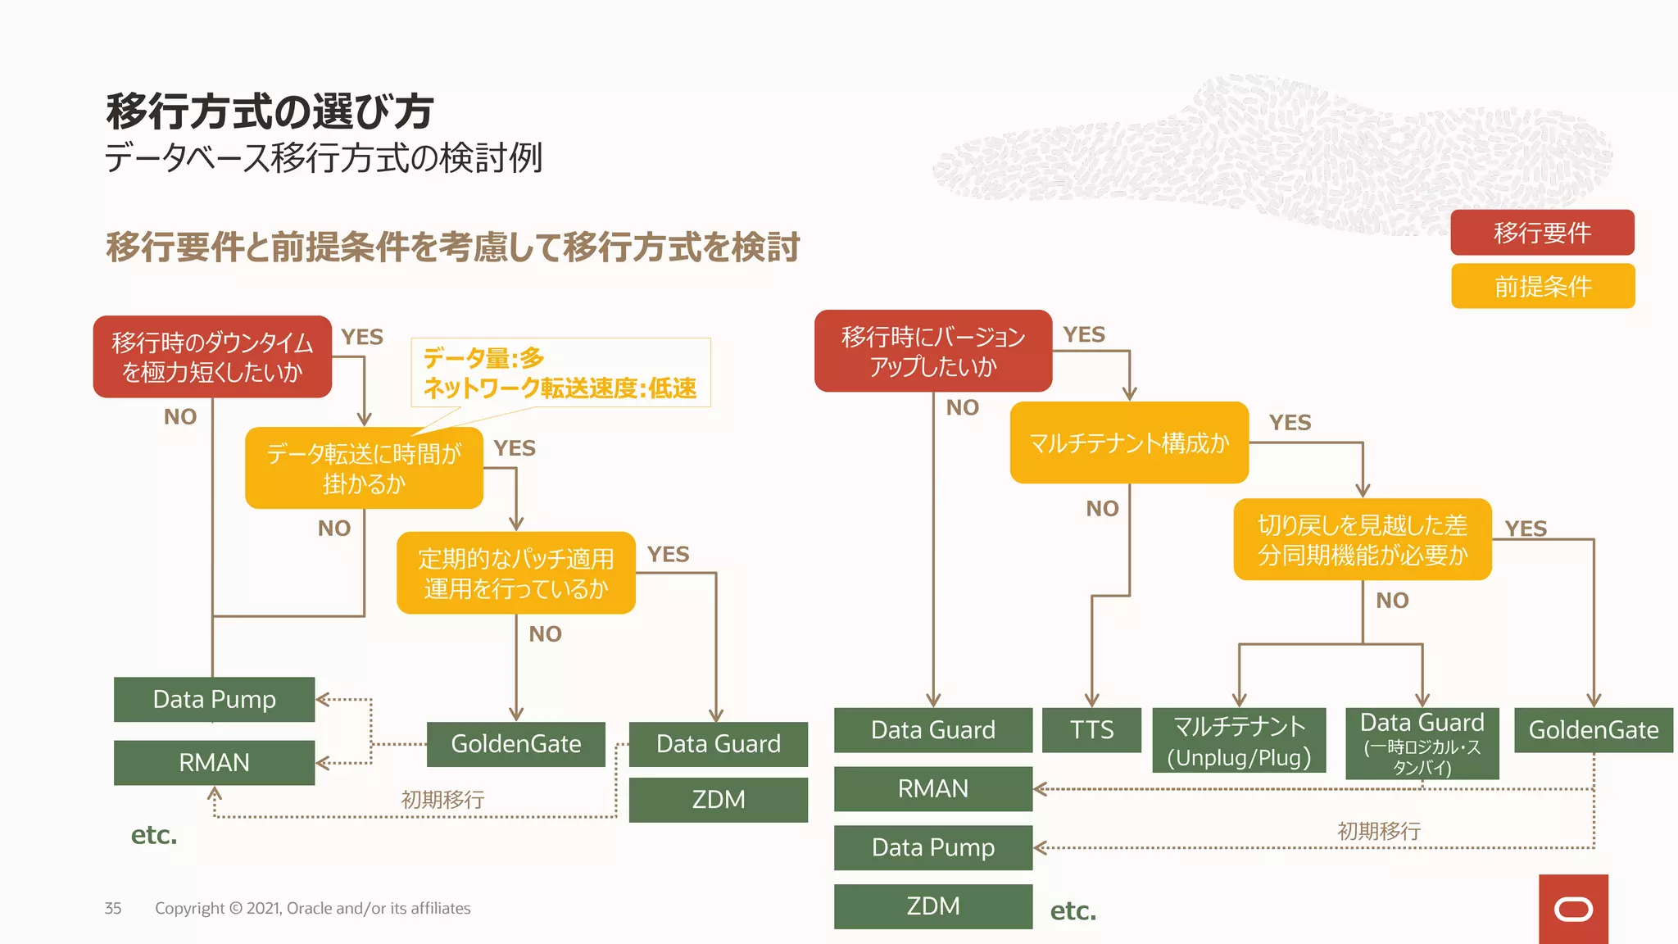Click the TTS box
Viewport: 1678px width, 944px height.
tap(1091, 730)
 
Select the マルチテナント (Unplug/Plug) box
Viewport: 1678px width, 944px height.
tap(1239, 741)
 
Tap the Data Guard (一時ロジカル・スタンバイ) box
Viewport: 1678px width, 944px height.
tap(1422, 743)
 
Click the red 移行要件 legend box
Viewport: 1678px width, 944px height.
tap(1542, 233)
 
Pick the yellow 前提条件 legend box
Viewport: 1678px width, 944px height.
tap(1542, 286)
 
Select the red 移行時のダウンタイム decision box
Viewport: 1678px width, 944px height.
tap(212, 357)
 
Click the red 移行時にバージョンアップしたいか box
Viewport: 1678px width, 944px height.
tap(933, 351)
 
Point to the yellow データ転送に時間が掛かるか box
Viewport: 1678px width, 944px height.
tap(364, 468)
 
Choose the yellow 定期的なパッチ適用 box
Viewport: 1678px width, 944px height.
tap(516, 573)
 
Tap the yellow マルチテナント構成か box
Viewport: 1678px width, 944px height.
tap(1129, 442)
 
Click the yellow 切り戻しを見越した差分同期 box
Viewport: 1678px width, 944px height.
tap(1363, 539)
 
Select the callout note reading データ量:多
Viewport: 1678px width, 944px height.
tap(560, 373)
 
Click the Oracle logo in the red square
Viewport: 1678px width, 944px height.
tap(1573, 910)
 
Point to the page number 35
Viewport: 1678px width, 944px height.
tap(113, 908)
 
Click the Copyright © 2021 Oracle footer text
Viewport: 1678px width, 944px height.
tap(312, 908)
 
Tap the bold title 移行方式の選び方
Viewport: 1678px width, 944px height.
tap(270, 111)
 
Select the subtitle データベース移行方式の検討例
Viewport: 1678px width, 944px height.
tap(324, 158)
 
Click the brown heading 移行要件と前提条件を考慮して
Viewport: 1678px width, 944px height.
tap(452, 247)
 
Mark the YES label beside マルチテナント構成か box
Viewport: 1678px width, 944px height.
tap(1290, 423)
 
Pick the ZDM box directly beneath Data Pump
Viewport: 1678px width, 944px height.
tap(933, 906)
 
